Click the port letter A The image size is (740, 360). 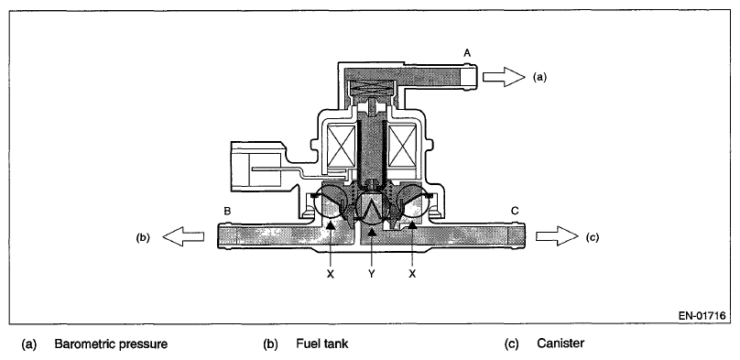click(x=467, y=53)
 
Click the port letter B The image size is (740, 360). click(x=227, y=211)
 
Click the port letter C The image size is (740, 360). click(x=515, y=211)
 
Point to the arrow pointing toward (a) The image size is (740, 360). click(x=504, y=76)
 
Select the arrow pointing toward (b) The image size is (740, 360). click(x=183, y=236)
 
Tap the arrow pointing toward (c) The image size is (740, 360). click(x=557, y=236)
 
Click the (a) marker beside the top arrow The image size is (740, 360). click(x=540, y=77)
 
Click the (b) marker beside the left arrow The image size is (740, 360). click(x=143, y=237)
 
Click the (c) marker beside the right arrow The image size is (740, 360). click(x=593, y=237)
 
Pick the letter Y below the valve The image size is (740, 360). click(x=372, y=274)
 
